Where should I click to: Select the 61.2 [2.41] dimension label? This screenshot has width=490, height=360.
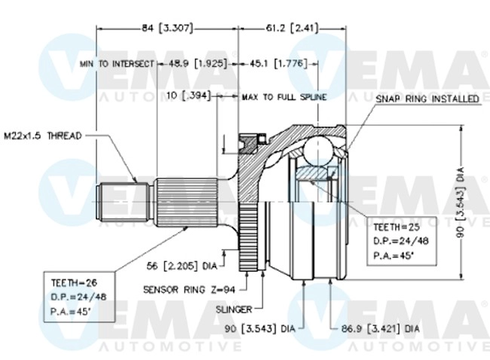[292, 29]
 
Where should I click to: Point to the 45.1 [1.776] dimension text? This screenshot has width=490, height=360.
[278, 64]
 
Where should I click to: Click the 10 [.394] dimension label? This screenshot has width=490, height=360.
[188, 96]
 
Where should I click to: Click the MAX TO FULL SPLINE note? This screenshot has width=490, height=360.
[284, 97]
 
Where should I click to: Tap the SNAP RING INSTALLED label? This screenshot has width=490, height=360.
[427, 98]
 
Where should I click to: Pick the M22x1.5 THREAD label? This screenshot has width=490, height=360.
[43, 136]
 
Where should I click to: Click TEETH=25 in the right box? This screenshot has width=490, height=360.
[396, 227]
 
